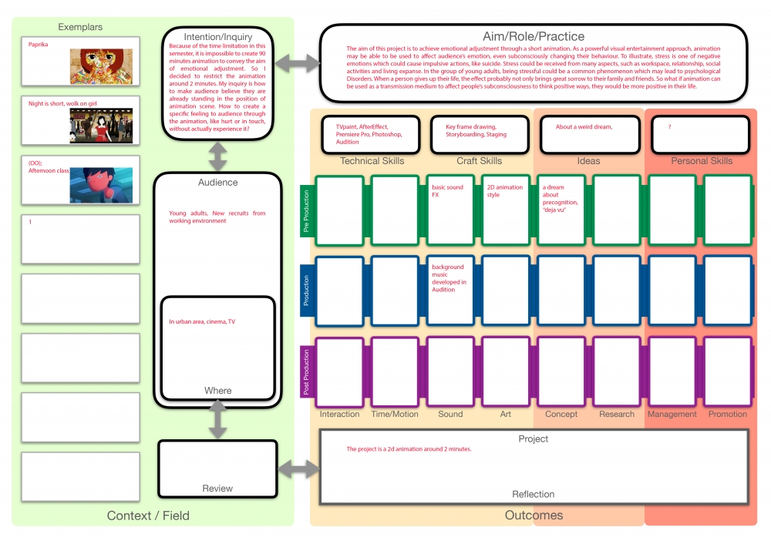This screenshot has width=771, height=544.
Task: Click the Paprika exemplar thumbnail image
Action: tap(101, 67)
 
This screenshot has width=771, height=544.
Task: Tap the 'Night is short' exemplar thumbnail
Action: tap(101, 126)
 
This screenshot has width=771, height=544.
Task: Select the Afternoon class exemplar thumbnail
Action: tap(101, 185)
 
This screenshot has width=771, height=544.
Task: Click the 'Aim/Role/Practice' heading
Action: tap(533, 36)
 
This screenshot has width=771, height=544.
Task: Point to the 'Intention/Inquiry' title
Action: tap(218, 37)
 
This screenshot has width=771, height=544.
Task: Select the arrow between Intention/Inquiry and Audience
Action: tap(218, 157)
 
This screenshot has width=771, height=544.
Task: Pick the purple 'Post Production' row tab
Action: tap(306, 371)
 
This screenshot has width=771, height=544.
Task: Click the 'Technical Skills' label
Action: tap(372, 161)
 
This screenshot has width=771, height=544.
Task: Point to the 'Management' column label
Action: tap(672, 415)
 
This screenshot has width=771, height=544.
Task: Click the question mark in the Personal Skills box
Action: tap(670, 126)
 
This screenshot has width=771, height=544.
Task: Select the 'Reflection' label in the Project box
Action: tap(533, 495)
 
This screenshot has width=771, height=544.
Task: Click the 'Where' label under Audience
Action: tap(217, 391)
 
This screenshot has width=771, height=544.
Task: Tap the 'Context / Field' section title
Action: tap(148, 515)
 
